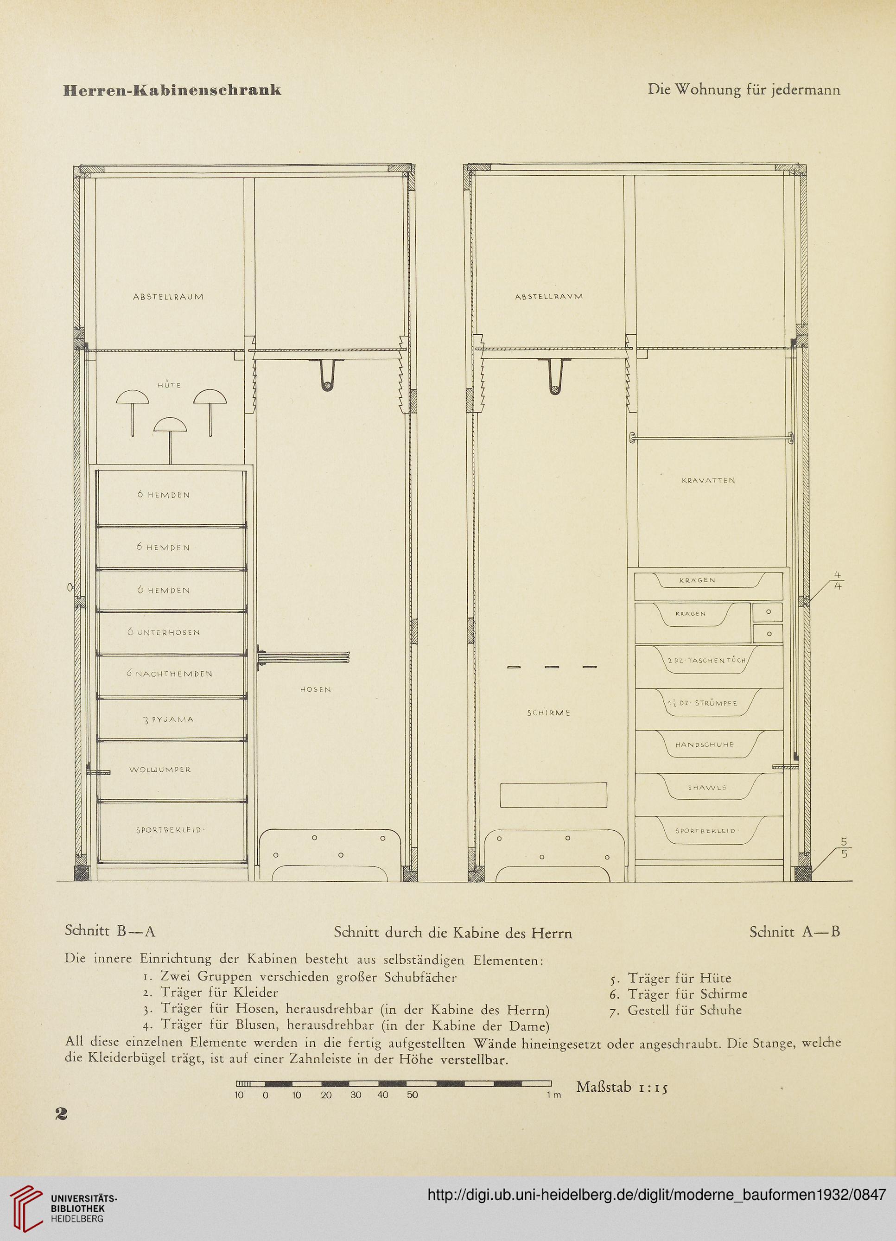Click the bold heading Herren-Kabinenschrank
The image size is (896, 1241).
[172, 90]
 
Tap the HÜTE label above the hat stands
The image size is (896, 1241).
[170, 385]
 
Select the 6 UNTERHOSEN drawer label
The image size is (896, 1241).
[164, 632]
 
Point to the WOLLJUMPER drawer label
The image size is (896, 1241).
[160, 770]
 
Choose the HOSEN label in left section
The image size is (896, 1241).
[316, 690]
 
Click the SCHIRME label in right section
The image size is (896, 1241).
[549, 713]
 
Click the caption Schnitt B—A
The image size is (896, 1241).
[110, 931]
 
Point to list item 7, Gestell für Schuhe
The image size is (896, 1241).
[675, 1010]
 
